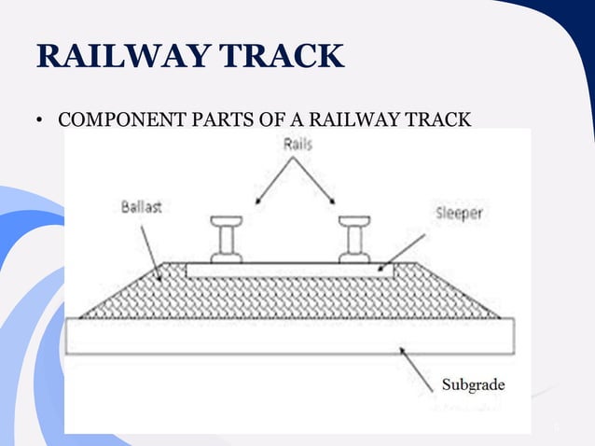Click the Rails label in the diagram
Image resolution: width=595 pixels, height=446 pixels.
[x=294, y=146]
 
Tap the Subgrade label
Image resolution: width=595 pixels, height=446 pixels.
[x=472, y=384]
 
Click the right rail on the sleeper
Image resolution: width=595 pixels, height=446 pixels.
[x=355, y=239]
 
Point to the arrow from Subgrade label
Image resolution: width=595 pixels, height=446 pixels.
[x=417, y=363]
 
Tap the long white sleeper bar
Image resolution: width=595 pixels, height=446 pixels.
[x=289, y=270]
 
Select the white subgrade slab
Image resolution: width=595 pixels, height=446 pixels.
[x=289, y=336]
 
